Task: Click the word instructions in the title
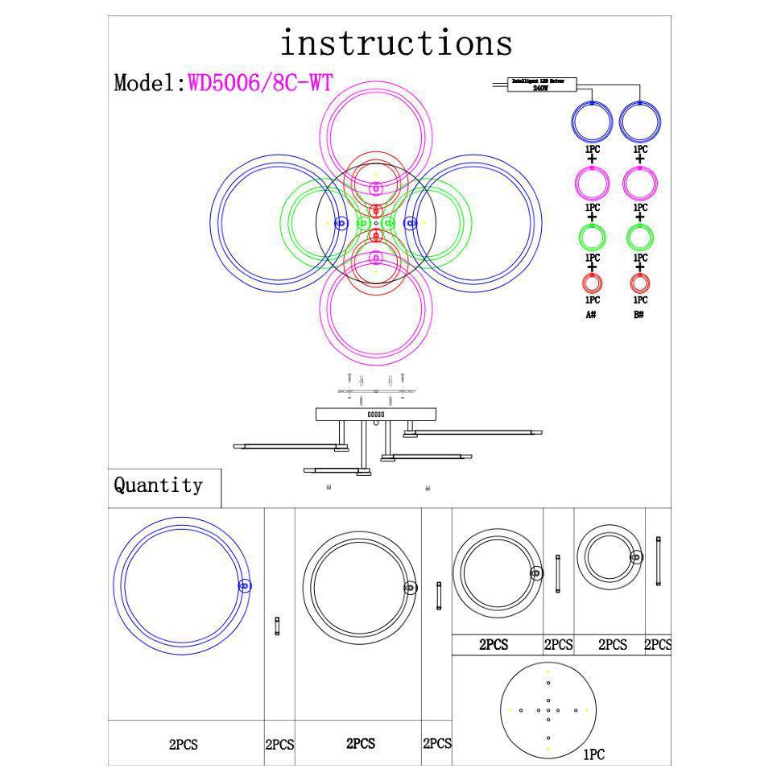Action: click(395, 43)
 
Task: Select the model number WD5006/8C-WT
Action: click(260, 83)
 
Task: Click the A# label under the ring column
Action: click(591, 314)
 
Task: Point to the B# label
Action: click(638, 314)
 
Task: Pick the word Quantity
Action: click(158, 486)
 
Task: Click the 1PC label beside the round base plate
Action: click(593, 754)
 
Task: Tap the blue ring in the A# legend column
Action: click(593, 122)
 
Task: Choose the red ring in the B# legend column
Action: click(640, 283)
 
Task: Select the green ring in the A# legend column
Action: click(593, 237)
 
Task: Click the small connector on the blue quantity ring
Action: click(246, 586)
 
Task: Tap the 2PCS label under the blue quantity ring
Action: click(184, 745)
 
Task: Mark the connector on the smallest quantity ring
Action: click(636, 557)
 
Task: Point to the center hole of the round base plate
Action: click(548, 710)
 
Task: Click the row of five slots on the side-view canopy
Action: click(376, 415)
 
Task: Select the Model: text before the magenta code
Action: click(151, 83)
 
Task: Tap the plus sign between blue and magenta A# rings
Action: click(593, 159)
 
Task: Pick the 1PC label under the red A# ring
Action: click(593, 300)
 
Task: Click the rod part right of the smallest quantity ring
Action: click(659, 561)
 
